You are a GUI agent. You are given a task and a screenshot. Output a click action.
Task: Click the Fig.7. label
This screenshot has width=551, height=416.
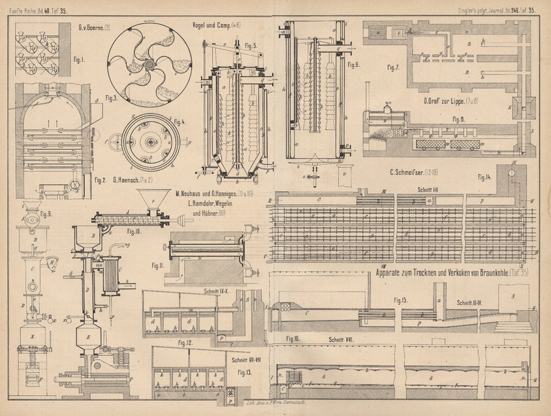(x=393, y=68)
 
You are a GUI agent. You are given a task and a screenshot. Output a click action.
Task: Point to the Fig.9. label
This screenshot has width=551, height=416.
(x=28, y=213)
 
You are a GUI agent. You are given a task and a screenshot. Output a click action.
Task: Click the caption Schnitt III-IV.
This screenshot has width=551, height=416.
(x=473, y=302)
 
